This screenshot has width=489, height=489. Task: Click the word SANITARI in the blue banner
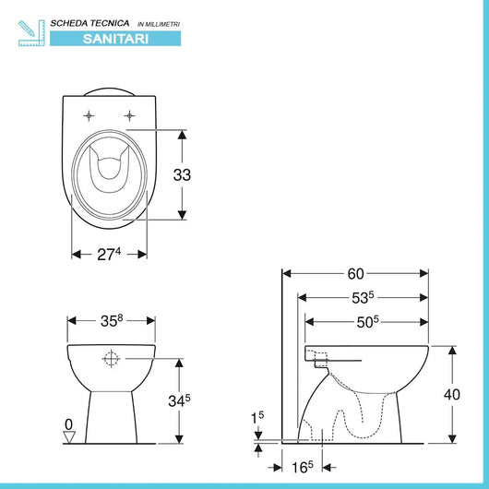coord(115,39)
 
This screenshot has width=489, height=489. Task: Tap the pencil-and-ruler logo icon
coord(31,33)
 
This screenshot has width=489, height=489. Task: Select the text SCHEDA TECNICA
coord(89,23)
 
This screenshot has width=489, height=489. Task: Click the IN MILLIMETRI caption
coord(159,24)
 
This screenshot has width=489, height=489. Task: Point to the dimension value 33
coord(182,175)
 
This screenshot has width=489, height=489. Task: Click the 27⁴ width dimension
coord(109,254)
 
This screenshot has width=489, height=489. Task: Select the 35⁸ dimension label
coord(112,321)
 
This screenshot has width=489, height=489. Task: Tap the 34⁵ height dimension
coord(179,400)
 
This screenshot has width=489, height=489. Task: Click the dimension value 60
coord(355,274)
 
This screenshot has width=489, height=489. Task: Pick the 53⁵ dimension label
coord(363,298)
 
